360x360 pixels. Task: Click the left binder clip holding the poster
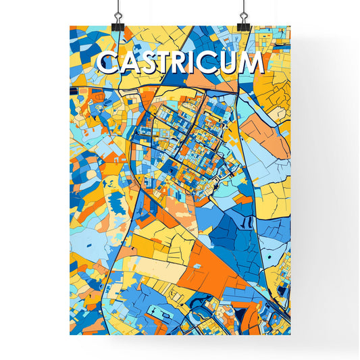[118, 20]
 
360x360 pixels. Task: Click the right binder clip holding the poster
[242, 20]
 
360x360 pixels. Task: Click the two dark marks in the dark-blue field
[247, 222]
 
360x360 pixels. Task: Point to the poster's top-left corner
[70, 26]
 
